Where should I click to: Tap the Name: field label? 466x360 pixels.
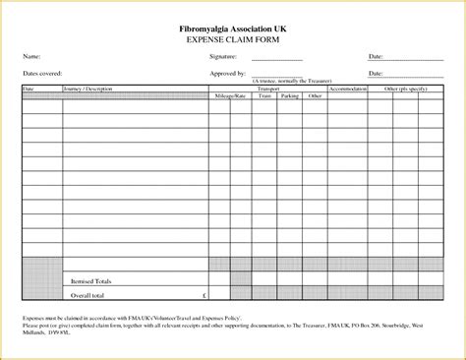(32, 58)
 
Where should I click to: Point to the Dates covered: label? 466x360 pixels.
(44, 74)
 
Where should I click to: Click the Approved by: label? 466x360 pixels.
(228, 74)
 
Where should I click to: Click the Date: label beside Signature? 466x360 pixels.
(376, 58)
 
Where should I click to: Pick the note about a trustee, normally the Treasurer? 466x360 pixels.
(285, 81)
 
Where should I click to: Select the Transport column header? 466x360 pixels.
(268, 88)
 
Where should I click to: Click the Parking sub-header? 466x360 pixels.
(289, 95)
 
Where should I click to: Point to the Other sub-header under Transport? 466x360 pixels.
(315, 95)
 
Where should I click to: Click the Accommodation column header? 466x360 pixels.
(348, 88)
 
